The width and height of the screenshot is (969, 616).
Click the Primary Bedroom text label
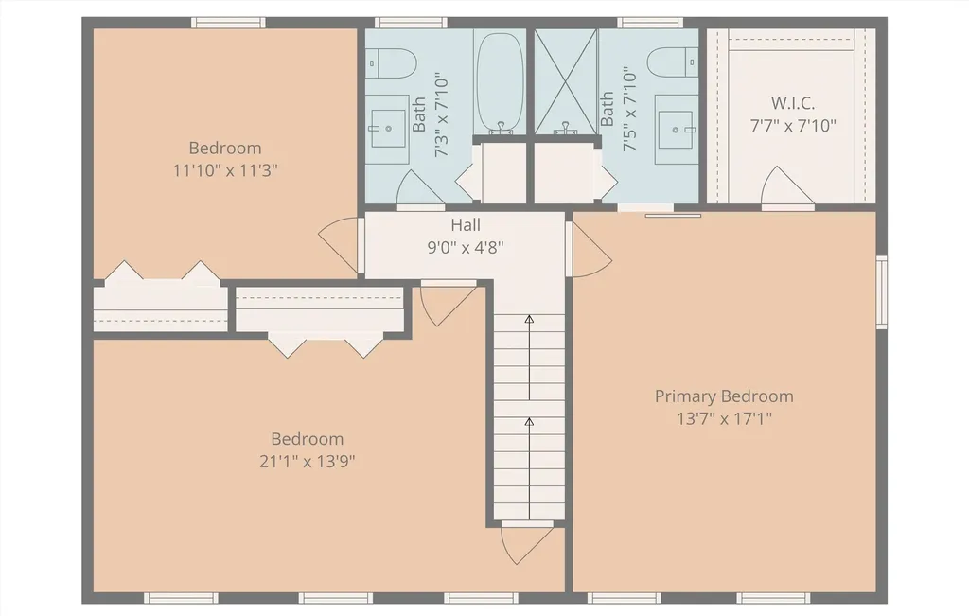tap(724, 396)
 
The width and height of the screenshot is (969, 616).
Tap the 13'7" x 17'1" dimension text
tap(724, 419)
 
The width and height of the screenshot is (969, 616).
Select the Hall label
tap(465, 225)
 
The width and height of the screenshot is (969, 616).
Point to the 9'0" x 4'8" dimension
tap(465, 248)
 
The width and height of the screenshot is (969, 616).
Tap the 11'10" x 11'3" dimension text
tap(224, 170)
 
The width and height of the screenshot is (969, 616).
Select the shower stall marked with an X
tap(566, 80)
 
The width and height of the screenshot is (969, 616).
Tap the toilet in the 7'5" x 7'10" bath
tap(673, 63)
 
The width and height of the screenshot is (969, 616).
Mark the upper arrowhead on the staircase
tap(529, 320)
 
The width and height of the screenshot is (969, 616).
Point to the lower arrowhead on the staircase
tap(529, 421)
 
